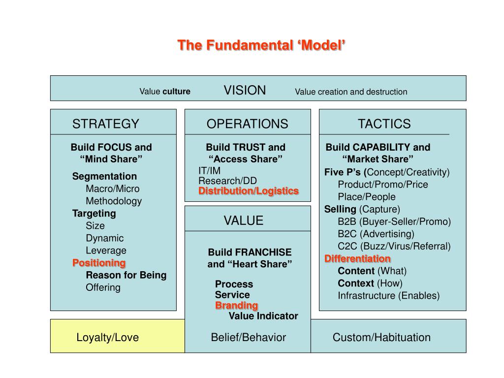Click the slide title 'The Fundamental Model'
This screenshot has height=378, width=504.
(261, 45)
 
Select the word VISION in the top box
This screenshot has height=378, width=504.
(245, 91)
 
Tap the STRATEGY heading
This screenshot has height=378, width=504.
(106, 124)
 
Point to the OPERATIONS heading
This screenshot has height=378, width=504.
(247, 124)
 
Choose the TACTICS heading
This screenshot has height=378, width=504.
(384, 124)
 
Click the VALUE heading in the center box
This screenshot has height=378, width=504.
(244, 220)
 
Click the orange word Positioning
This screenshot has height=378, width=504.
(99, 263)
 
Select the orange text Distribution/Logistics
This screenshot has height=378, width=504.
(249, 191)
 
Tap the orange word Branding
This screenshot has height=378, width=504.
(236, 306)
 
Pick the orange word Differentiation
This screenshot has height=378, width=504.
(357, 259)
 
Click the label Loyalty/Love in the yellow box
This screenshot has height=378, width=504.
(107, 338)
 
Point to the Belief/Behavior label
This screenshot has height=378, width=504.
(248, 338)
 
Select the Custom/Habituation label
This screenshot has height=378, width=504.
(381, 338)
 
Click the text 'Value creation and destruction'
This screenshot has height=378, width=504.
(351, 92)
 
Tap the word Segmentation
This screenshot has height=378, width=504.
(104, 176)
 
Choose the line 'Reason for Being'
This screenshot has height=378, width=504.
(126, 275)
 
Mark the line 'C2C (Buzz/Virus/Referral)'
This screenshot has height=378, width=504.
(394, 246)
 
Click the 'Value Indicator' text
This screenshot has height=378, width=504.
(263, 316)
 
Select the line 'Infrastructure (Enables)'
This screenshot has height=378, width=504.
(388, 296)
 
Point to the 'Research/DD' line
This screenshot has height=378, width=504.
(227, 181)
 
